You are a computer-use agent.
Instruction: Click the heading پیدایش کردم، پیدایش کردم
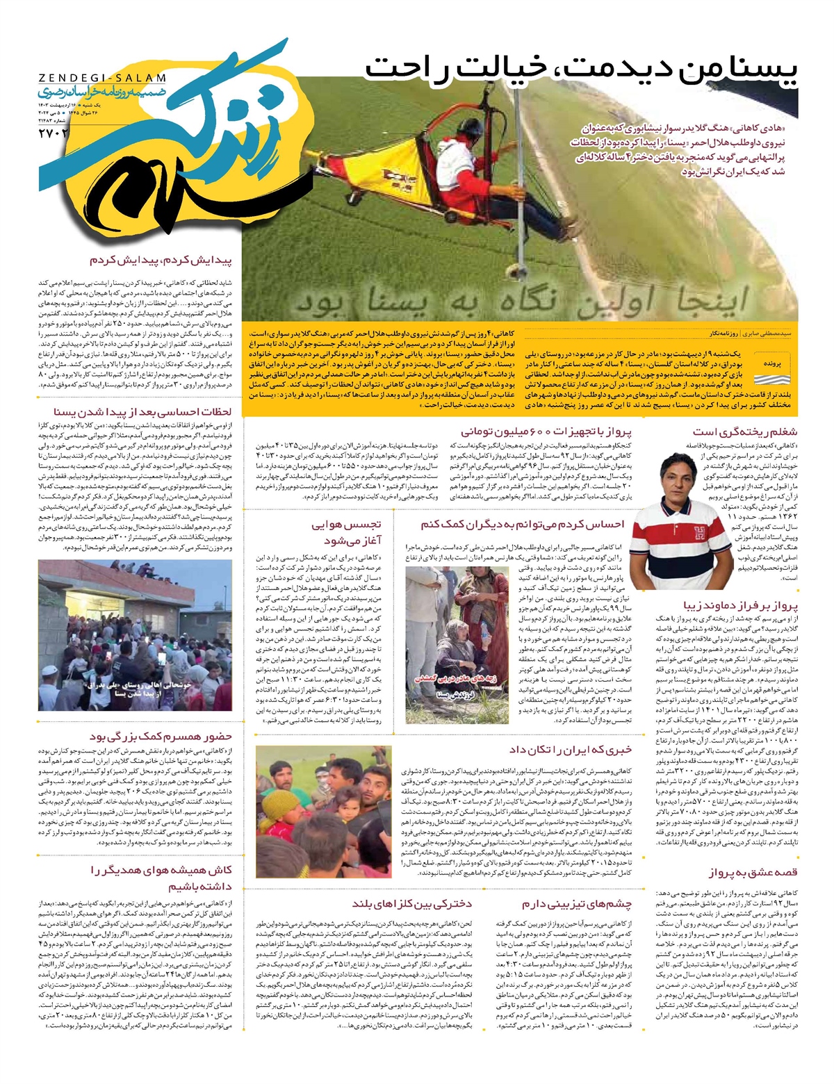tap(161, 261)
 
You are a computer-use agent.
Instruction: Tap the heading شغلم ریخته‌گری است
tap(744, 431)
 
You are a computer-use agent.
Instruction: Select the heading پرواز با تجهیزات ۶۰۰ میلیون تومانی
tap(547, 431)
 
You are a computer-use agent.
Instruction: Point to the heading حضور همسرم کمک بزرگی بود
tap(161, 737)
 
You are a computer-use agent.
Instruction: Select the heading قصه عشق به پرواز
tap(753, 873)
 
